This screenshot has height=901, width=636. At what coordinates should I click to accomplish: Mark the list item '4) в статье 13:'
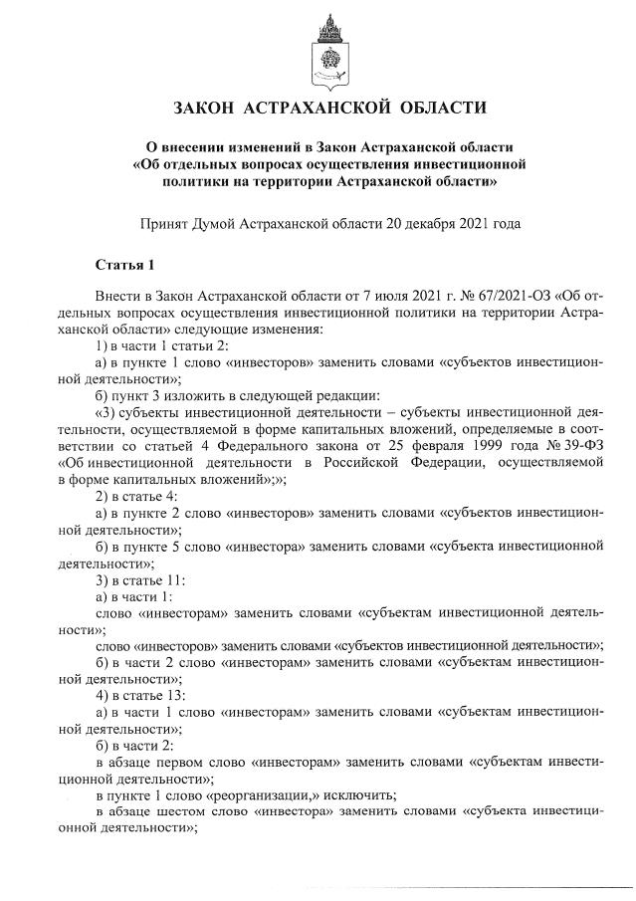pos(139,694)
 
